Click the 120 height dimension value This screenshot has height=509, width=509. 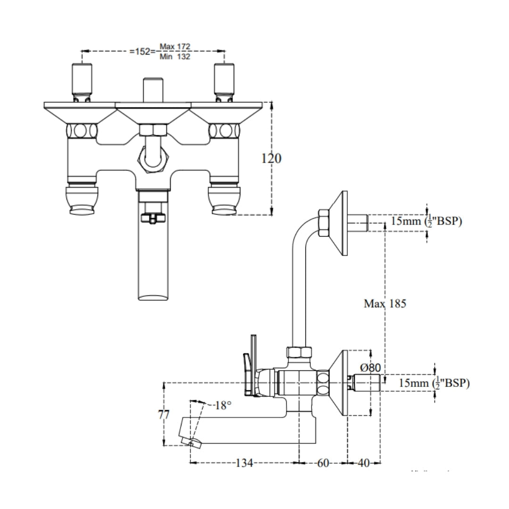tap(271, 158)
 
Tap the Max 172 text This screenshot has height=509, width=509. tap(175, 47)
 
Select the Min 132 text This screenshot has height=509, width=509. tap(175, 57)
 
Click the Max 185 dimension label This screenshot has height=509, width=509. tap(385, 304)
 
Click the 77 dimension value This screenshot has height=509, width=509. tap(164, 414)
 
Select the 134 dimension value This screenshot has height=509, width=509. tap(245, 463)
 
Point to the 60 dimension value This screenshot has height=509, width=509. tap(323, 463)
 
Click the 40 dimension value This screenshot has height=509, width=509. tap(363, 463)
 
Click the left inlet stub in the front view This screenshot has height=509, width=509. tap(82, 81)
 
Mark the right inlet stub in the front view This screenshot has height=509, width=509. tap(224, 81)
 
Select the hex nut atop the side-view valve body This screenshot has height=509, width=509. tap(299, 353)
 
